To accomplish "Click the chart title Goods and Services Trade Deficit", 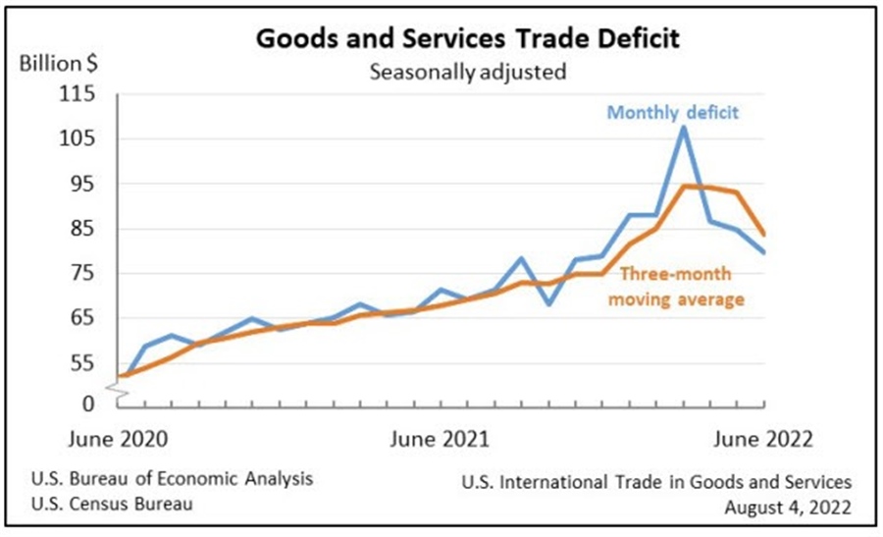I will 467,40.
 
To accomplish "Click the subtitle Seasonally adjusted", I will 467,71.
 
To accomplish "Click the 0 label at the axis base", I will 90,403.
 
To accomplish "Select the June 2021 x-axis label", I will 441,438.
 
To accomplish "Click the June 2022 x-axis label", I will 761,438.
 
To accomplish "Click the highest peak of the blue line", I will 684,127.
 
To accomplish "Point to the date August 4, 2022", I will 788,507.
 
